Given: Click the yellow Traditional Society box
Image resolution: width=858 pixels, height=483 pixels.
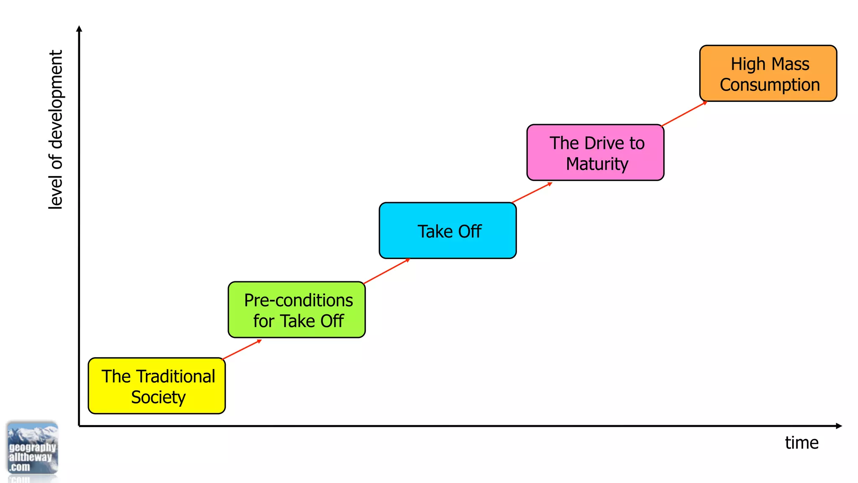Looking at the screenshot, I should click(x=156, y=386).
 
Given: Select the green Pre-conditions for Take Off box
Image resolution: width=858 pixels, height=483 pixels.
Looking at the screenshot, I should click(x=297, y=310).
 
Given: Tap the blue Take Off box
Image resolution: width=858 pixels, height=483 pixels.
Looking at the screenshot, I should click(x=447, y=231).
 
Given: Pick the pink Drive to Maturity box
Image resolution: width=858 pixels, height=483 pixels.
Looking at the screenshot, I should click(x=595, y=152).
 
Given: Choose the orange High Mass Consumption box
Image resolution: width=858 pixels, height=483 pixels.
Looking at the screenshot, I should click(x=768, y=73).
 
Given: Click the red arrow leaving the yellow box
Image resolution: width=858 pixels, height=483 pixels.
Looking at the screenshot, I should click(x=242, y=350).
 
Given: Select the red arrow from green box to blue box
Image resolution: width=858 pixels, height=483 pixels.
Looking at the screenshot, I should click(x=386, y=271).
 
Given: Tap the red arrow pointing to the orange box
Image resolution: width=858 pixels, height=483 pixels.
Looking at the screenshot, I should click(x=684, y=114).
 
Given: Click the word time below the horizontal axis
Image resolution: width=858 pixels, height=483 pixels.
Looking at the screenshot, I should click(x=801, y=443).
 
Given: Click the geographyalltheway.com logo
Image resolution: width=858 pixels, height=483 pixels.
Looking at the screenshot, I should click(x=32, y=449).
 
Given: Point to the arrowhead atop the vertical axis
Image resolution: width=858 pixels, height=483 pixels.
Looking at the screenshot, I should click(x=79, y=29).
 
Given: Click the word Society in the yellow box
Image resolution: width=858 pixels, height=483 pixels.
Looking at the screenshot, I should click(x=158, y=397).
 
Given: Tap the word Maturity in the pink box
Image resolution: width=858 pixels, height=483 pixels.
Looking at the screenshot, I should click(x=597, y=164).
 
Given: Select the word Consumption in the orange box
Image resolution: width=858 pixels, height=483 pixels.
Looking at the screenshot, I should click(x=770, y=85).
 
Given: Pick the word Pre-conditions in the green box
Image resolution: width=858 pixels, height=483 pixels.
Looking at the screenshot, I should click(x=298, y=300).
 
